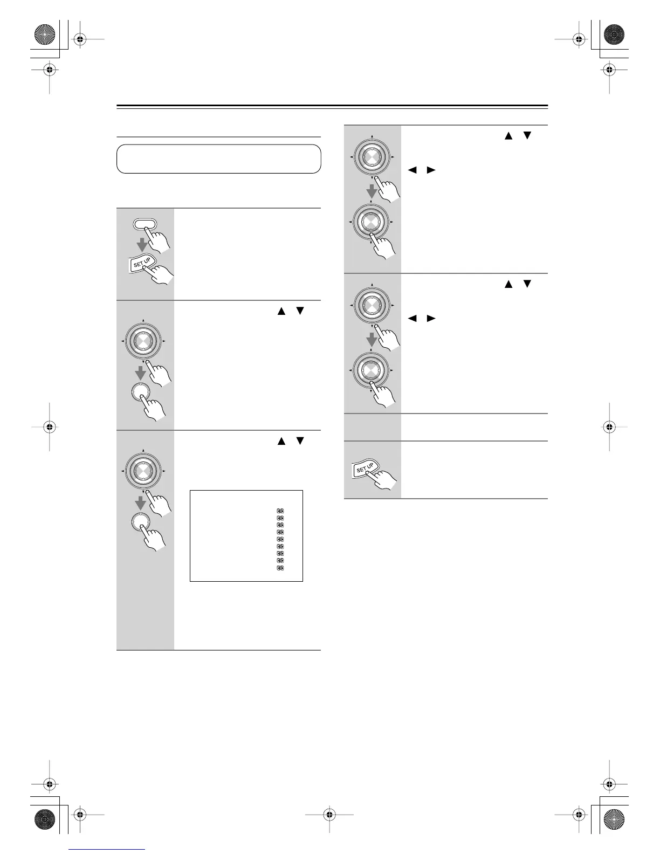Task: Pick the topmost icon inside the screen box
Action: tap(280, 510)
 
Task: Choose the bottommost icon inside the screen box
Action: tap(280, 568)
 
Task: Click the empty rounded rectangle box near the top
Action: tap(219, 159)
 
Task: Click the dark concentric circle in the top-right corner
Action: tap(614, 35)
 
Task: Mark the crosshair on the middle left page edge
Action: tap(49, 427)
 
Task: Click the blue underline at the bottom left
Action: tap(108, 850)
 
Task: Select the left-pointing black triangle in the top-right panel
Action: tap(412, 170)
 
